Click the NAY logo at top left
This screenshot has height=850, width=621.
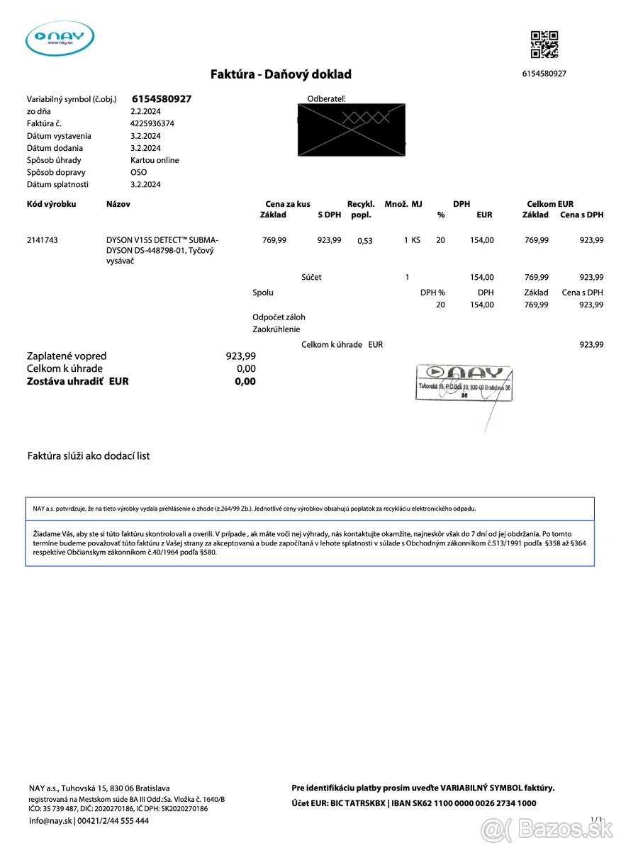click(x=60, y=38)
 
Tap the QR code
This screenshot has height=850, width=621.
click(x=544, y=45)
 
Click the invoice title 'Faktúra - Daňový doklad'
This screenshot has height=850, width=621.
click(x=281, y=74)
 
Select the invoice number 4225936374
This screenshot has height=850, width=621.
click(x=152, y=123)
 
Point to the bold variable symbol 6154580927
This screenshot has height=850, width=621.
click(x=162, y=99)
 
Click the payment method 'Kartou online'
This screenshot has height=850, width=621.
click(x=155, y=160)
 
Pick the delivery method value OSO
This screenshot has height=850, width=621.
click(x=139, y=172)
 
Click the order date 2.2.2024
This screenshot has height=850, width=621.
click(x=145, y=111)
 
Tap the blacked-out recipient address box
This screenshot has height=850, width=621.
click(x=352, y=129)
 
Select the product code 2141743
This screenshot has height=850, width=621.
click(x=43, y=240)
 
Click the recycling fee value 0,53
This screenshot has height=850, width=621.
click(x=365, y=241)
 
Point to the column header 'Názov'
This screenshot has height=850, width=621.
click(x=118, y=204)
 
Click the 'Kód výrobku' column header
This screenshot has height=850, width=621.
click(x=51, y=204)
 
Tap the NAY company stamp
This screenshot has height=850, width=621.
click(x=464, y=383)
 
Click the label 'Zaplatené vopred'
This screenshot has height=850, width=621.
click(x=67, y=356)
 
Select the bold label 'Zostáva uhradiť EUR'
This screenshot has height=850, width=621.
click(x=78, y=381)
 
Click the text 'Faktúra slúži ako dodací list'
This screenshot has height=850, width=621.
click(x=89, y=456)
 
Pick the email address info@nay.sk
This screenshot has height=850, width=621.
click(x=50, y=821)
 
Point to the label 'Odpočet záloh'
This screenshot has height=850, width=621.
click(x=279, y=317)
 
